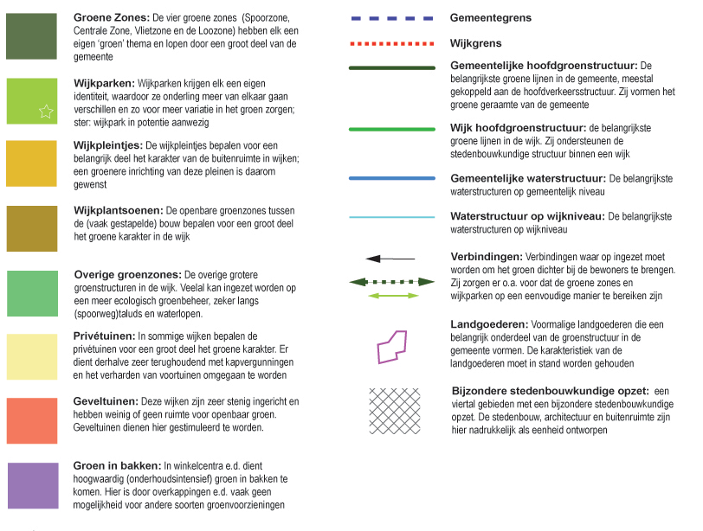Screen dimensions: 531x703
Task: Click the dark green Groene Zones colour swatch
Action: (31, 35)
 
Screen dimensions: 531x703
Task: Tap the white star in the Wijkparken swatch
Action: (46, 110)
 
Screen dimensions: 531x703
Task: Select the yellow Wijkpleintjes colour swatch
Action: (31, 163)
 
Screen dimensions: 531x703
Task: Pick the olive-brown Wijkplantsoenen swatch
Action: (31, 228)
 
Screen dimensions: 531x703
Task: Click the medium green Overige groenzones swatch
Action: (31, 293)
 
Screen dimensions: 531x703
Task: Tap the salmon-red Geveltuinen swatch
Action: (31, 421)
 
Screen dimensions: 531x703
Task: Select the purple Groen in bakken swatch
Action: (31, 485)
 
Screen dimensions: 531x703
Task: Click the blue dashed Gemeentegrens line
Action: (391, 17)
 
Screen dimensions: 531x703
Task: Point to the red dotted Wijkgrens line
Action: (391, 42)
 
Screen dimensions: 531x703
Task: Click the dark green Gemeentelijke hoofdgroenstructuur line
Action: (391, 67)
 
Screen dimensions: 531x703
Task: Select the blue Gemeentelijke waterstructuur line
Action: (391, 179)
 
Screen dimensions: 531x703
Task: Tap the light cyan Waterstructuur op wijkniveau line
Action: (391, 217)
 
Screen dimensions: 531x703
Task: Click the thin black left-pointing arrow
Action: (390, 259)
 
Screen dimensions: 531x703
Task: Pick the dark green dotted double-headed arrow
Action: (391, 282)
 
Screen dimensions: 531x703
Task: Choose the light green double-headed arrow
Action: (391, 297)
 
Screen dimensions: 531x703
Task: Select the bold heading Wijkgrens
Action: (476, 42)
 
